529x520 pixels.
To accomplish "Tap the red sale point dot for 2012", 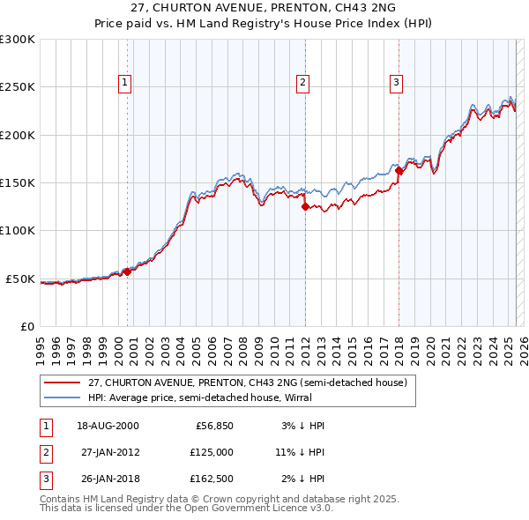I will (x=305, y=207).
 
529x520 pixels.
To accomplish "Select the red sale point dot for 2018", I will (x=399, y=171).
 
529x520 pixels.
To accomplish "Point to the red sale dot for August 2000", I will (x=127, y=271).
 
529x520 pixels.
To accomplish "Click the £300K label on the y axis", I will (x=17, y=40).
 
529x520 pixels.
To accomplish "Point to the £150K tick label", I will (x=17, y=183).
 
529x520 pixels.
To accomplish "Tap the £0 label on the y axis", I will (x=26, y=327).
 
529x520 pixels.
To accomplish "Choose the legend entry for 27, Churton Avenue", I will (x=247, y=383).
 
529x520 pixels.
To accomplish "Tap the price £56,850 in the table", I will (x=213, y=425).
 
